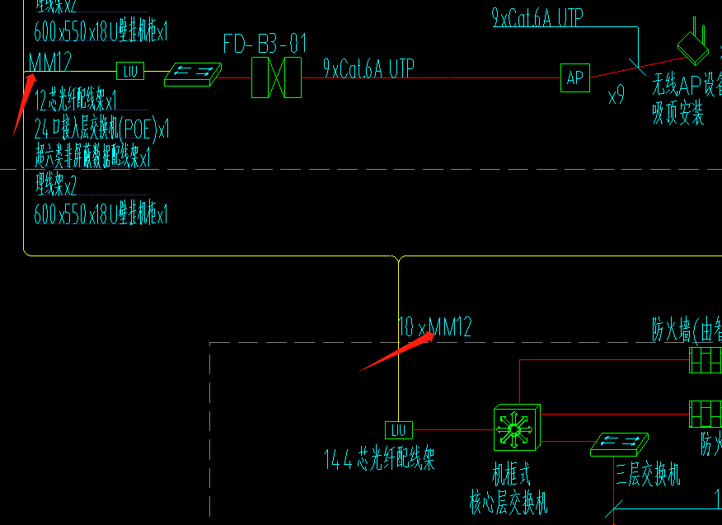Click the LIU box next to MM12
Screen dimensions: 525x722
pyautogui.click(x=130, y=71)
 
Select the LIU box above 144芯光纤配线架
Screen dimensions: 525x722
pyautogui.click(x=399, y=429)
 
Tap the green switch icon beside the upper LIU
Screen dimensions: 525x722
pyautogui.click(x=193, y=74)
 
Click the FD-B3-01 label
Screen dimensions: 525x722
pyautogui.click(x=264, y=44)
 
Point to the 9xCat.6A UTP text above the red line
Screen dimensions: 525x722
pyautogui.click(x=368, y=68)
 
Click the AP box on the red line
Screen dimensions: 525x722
pyautogui.click(x=574, y=77)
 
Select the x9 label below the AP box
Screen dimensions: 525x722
pyautogui.click(x=617, y=96)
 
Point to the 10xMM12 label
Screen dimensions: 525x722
pyautogui.click(x=434, y=327)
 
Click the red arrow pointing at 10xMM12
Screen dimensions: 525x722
pyautogui.click(x=396, y=353)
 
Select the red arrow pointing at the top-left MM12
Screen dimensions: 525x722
pyautogui.click(x=22, y=104)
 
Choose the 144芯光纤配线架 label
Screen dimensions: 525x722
pyautogui.click(x=379, y=460)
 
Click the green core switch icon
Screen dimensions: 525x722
pyautogui.click(x=517, y=428)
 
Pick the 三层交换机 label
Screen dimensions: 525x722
pyautogui.click(x=648, y=476)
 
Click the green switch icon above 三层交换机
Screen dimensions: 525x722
pyautogui.click(x=619, y=445)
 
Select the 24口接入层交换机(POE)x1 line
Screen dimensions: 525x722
pyautogui.click(x=101, y=129)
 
